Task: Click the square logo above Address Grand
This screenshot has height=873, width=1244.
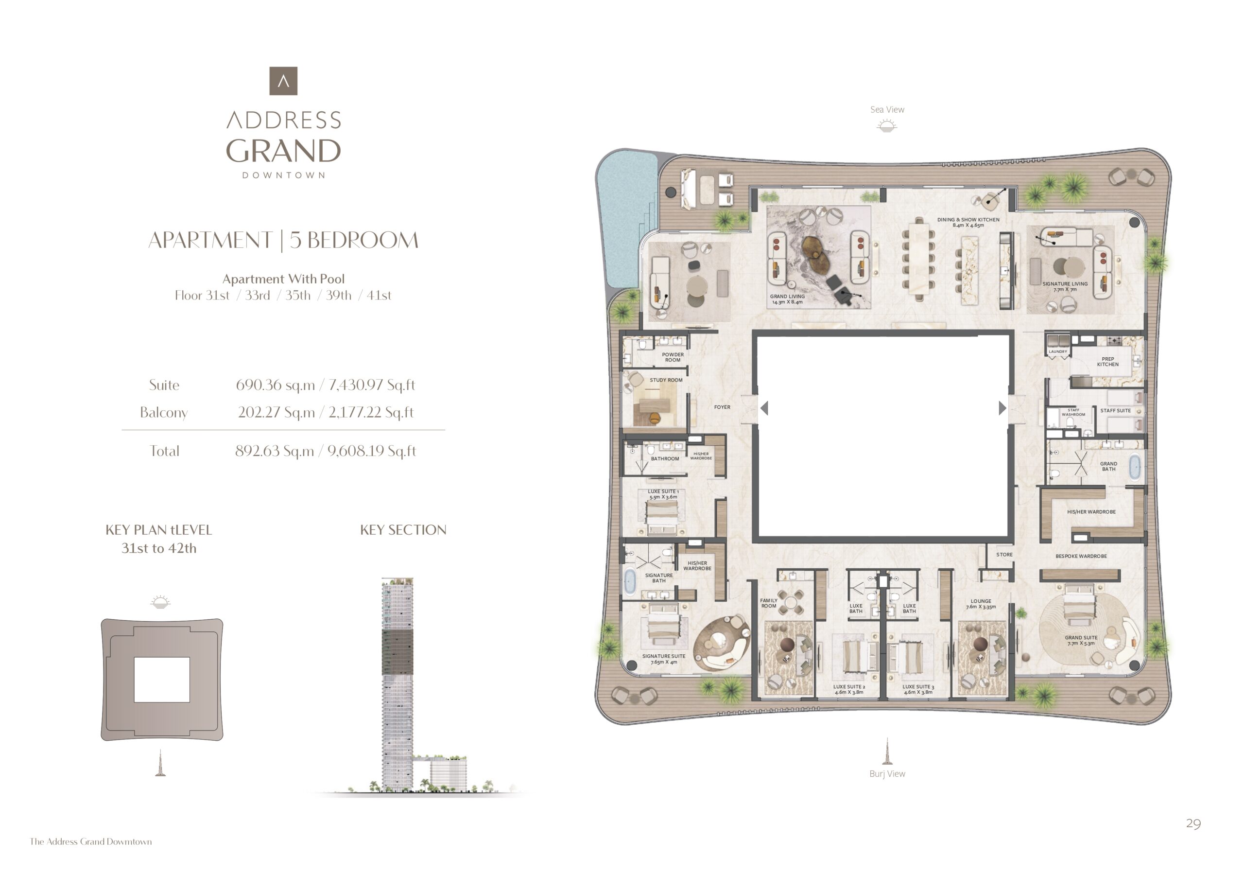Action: click(x=283, y=81)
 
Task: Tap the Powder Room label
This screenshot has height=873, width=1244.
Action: click(x=673, y=357)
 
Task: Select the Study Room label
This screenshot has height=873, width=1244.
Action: click(x=666, y=380)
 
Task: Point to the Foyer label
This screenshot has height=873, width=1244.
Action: click(x=722, y=407)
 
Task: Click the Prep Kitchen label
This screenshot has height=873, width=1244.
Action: click(x=1107, y=362)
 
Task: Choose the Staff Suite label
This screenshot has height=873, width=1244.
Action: click(x=1115, y=410)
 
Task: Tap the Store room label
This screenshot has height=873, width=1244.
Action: click(x=1004, y=554)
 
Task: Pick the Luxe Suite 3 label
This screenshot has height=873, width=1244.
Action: click(x=918, y=689)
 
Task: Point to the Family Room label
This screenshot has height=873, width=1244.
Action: click(x=768, y=603)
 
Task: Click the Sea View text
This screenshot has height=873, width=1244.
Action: click(x=887, y=109)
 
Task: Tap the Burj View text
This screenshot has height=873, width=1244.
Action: click(x=887, y=774)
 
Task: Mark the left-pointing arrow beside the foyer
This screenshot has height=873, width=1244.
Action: click(x=764, y=408)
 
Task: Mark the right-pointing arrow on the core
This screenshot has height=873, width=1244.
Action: click(x=1002, y=408)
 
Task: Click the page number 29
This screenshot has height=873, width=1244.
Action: click(x=1193, y=824)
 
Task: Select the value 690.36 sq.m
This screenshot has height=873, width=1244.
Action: click(x=275, y=385)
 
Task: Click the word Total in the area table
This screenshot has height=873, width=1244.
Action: click(x=164, y=451)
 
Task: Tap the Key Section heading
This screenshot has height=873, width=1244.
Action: click(x=403, y=529)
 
